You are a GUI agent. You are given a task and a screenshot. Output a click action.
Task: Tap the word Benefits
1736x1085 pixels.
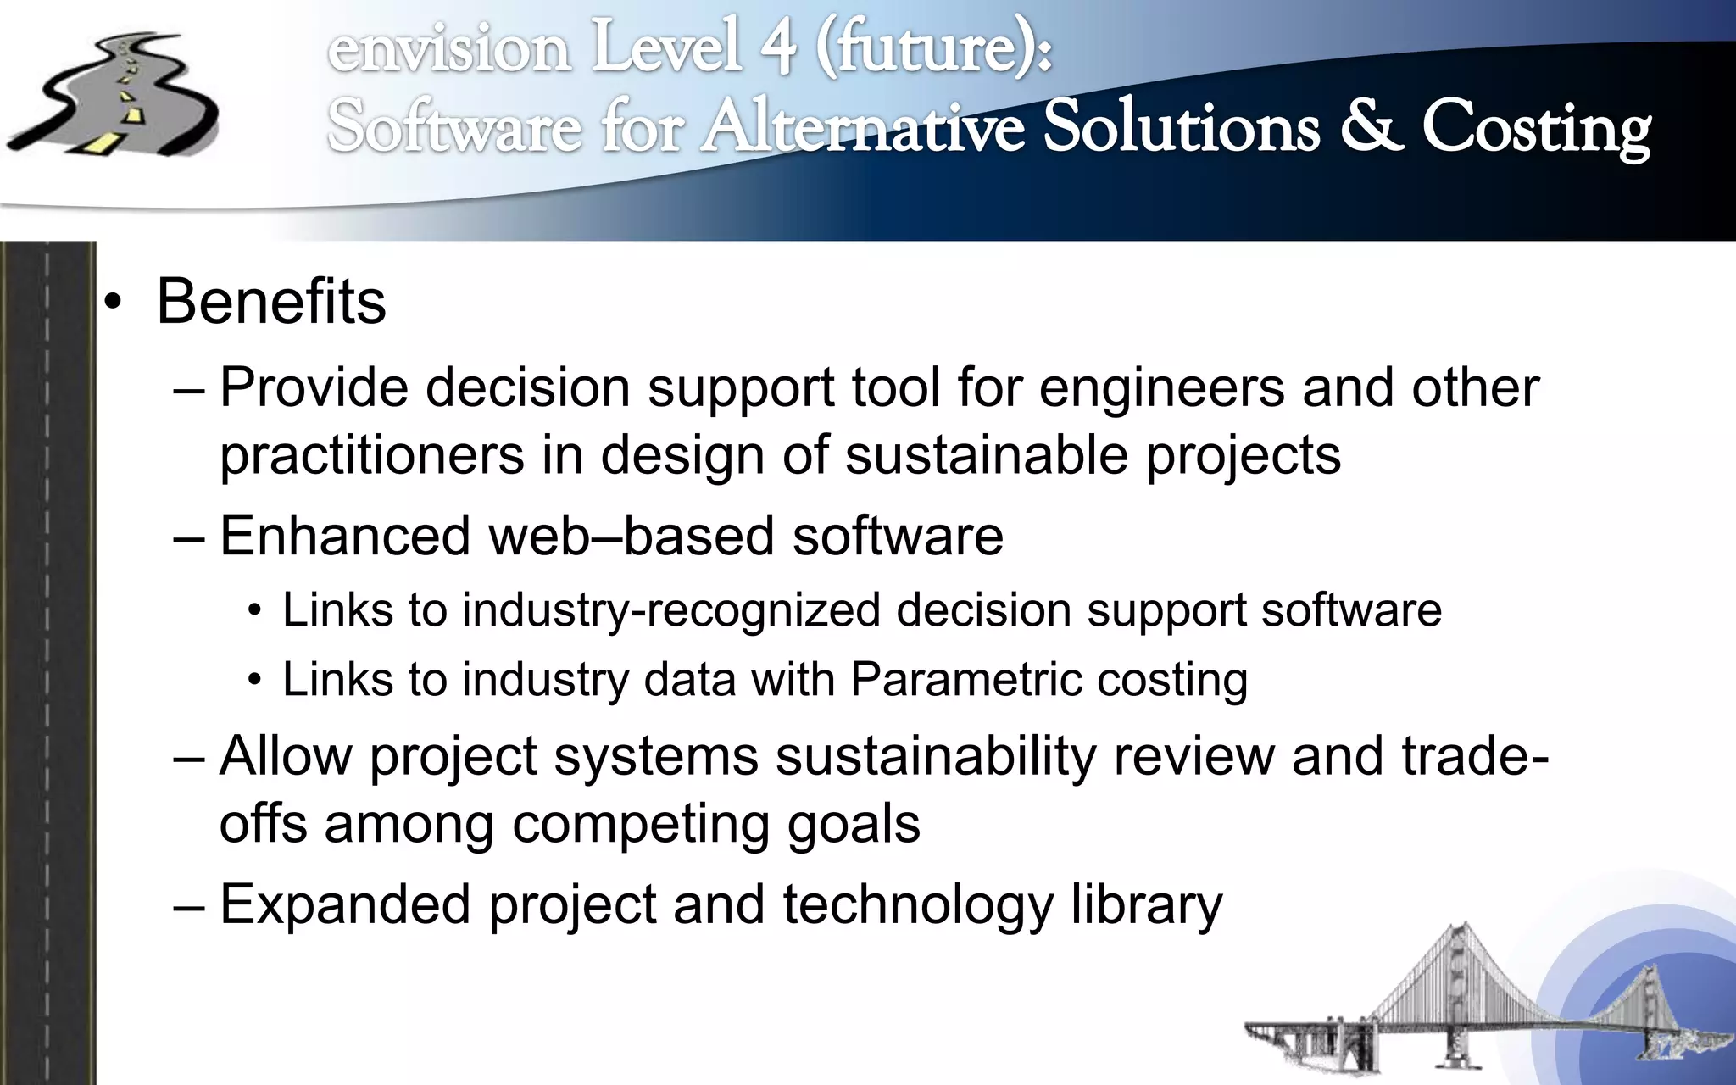click(x=271, y=302)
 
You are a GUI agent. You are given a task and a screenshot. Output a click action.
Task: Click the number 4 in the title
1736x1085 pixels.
click(x=777, y=47)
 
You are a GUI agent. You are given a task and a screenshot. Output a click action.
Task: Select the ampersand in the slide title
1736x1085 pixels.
click(x=1370, y=127)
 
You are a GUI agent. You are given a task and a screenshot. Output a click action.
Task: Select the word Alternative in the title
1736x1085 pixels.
click(x=864, y=127)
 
